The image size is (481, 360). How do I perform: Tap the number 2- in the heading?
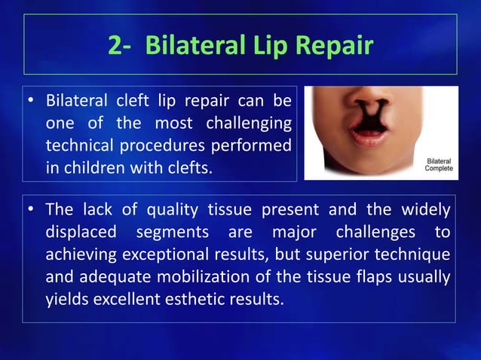pyautogui.click(x=121, y=45)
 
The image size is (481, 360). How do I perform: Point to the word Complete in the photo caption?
pyautogui.click(x=439, y=169)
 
